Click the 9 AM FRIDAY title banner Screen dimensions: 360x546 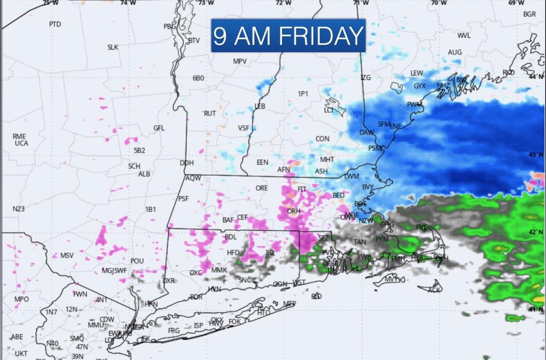point(288,35)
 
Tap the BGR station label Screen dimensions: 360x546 point(529,14)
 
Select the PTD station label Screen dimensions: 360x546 point(55,24)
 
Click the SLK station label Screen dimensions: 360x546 point(112,47)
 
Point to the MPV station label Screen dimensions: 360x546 point(240,61)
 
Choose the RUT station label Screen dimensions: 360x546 point(210,113)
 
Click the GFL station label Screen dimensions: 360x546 point(159,128)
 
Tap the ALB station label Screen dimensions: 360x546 point(144,174)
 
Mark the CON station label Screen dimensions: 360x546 point(322,139)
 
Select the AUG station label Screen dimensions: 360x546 point(455,52)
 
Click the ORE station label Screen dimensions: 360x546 point(262,188)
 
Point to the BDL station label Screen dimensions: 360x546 point(231,237)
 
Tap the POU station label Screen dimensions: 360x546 point(137,261)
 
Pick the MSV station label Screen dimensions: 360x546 point(67,255)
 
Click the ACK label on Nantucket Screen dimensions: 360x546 point(435,290)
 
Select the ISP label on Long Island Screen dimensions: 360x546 point(198,325)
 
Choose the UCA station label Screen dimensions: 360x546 point(21,143)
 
